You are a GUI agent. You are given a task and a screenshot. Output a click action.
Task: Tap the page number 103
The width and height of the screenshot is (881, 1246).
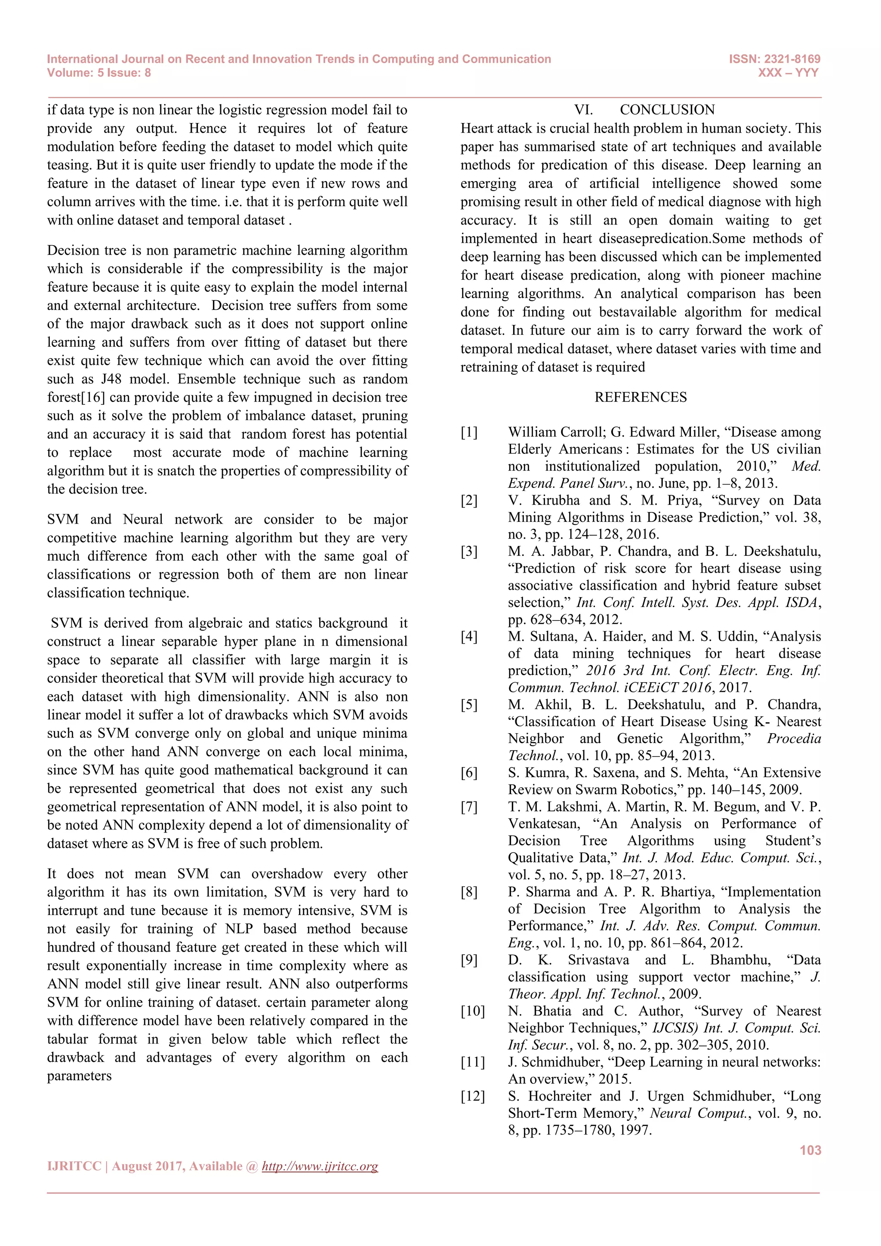click(x=810, y=1150)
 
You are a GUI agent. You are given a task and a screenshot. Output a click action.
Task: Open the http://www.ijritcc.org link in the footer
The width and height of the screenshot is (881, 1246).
click(x=320, y=1166)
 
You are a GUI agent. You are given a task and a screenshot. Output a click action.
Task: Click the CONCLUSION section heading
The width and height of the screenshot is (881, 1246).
click(x=667, y=110)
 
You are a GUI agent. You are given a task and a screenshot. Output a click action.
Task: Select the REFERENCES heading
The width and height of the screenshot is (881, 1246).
click(x=640, y=397)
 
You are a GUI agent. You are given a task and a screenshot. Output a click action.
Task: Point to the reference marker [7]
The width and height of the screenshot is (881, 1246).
click(x=469, y=807)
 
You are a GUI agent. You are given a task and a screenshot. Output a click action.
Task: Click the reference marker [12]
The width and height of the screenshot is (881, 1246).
click(x=472, y=1096)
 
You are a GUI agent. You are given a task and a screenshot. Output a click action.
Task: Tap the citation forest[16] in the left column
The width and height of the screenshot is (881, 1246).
click(x=76, y=397)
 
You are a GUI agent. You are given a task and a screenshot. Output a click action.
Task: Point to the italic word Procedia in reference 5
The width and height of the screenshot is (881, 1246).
click(x=794, y=739)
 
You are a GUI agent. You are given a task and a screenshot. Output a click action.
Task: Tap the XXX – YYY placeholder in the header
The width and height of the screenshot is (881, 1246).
click(x=788, y=73)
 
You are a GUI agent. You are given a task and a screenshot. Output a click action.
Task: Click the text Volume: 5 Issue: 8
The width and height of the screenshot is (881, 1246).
click(x=99, y=73)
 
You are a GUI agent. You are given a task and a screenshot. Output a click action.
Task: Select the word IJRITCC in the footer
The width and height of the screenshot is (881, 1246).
click(x=74, y=1166)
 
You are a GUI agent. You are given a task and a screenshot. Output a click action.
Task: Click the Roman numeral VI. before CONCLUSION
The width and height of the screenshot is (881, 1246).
click(x=583, y=110)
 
